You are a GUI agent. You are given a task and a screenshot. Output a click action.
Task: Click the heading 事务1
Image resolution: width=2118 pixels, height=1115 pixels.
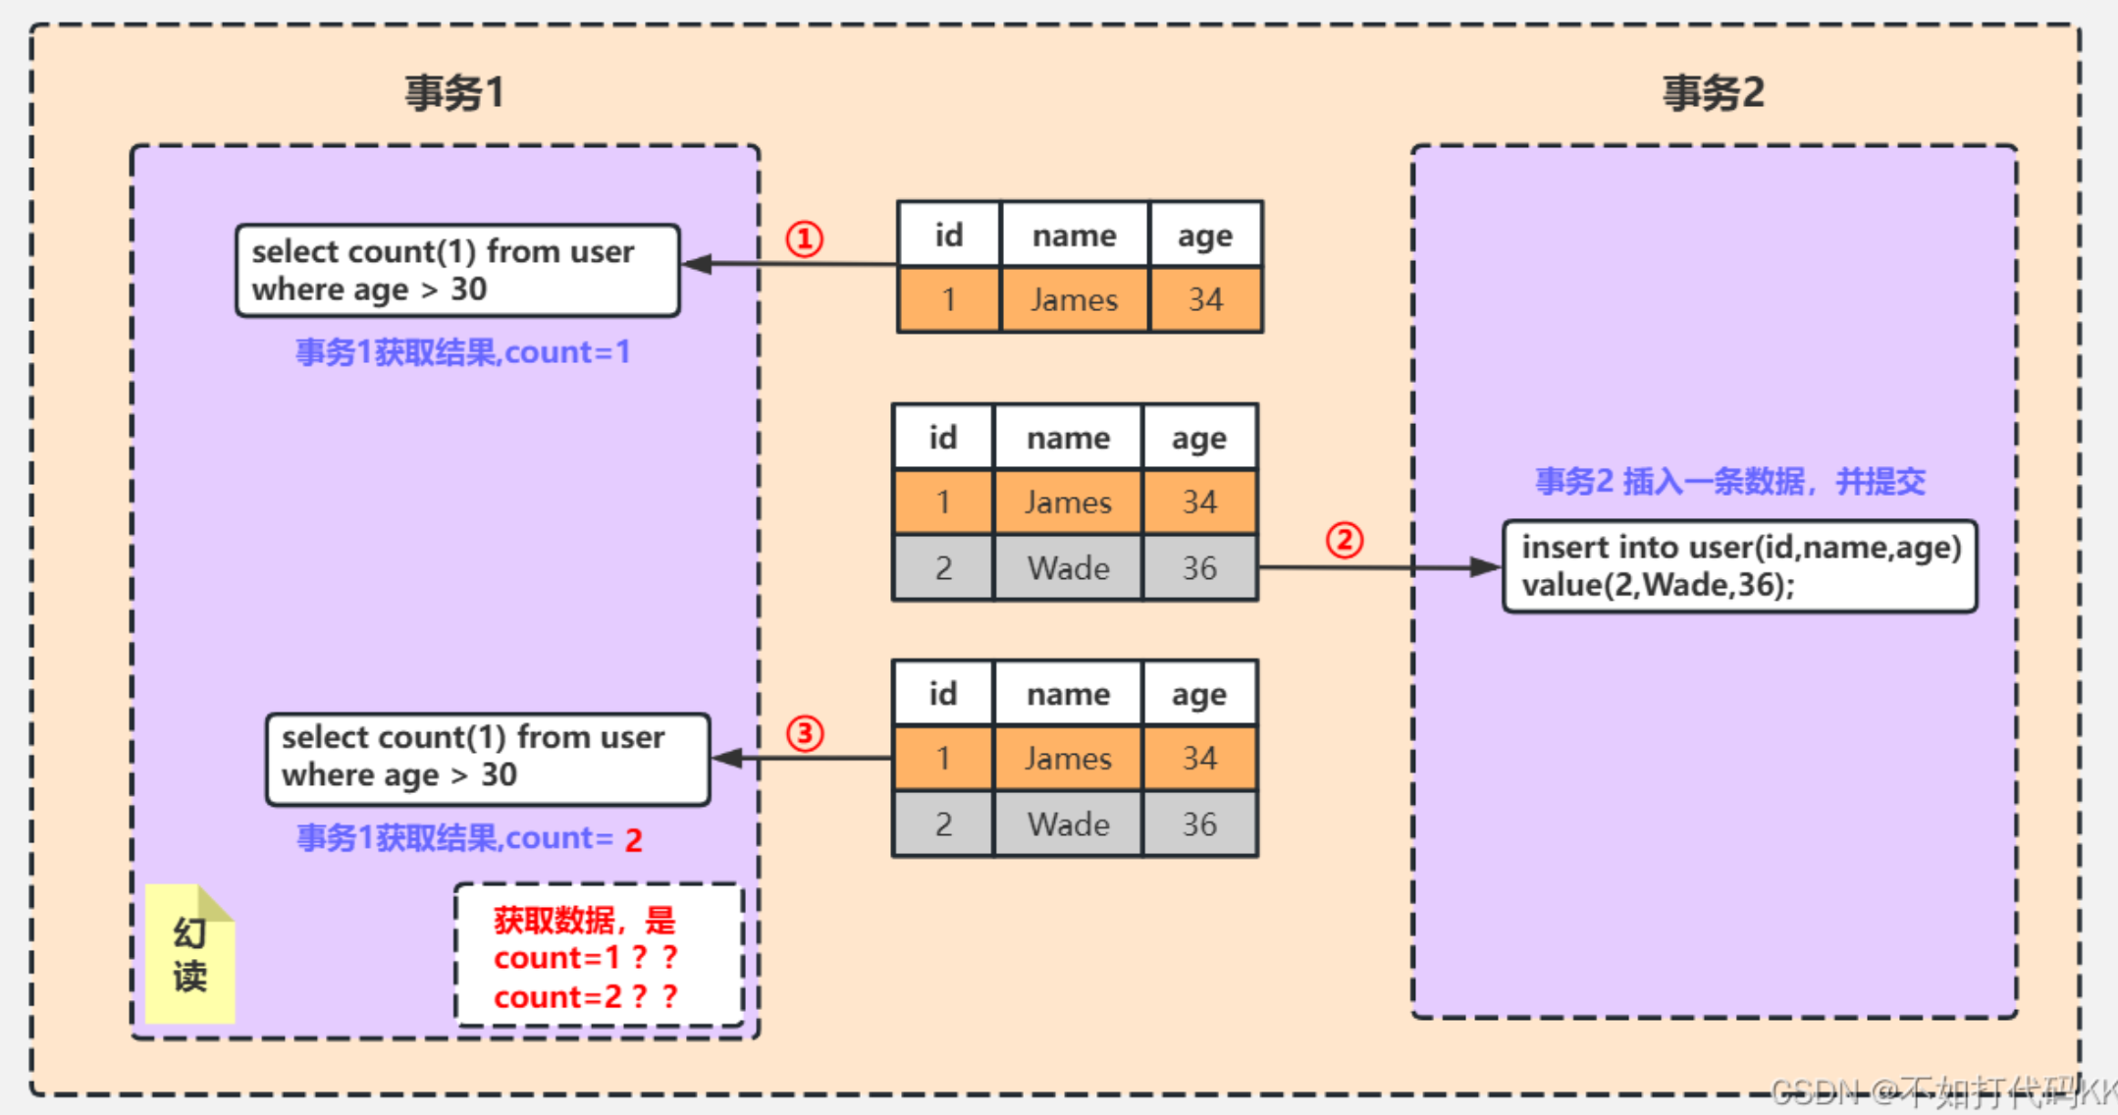point(454,93)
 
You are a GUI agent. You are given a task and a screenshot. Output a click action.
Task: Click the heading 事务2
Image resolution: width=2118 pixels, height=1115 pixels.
point(1713,93)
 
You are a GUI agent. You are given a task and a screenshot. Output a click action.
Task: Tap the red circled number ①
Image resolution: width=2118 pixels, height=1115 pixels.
point(804,239)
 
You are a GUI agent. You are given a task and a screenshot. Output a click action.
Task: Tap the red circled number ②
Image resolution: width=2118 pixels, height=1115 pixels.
point(1344,540)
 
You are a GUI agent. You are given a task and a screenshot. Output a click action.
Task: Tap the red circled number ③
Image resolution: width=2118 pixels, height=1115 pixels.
point(804,733)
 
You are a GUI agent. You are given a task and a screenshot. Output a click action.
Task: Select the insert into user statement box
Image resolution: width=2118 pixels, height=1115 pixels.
point(1739,566)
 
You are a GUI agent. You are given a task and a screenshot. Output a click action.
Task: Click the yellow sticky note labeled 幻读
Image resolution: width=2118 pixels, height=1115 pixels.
point(190,955)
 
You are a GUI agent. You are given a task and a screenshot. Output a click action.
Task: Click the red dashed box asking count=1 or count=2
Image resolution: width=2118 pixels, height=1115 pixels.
point(599,956)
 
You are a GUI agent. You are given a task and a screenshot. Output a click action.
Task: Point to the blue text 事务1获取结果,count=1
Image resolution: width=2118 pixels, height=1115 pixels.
point(462,352)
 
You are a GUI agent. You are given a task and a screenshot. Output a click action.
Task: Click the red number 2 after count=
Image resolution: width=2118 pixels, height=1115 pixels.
point(634,840)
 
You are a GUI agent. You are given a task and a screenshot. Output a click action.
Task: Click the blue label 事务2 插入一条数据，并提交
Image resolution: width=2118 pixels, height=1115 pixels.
point(1729,481)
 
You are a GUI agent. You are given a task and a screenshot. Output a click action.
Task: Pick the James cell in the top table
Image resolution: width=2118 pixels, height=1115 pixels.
point(1074,299)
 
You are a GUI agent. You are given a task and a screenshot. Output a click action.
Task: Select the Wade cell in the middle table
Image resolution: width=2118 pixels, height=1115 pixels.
point(1068,568)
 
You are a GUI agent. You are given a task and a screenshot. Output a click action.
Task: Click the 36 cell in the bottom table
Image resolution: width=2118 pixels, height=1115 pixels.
point(1198,824)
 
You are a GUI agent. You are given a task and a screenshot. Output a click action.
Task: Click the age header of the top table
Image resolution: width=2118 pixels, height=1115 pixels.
point(1204,236)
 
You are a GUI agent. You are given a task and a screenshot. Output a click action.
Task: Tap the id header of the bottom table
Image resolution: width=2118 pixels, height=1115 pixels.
point(942,694)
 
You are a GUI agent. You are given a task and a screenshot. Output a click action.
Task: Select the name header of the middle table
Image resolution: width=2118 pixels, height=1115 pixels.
point(1068,438)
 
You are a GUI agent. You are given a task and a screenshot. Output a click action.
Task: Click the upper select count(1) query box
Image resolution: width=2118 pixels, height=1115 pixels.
point(457,270)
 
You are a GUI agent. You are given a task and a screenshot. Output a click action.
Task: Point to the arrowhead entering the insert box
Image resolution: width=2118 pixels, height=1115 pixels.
point(1485,567)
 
